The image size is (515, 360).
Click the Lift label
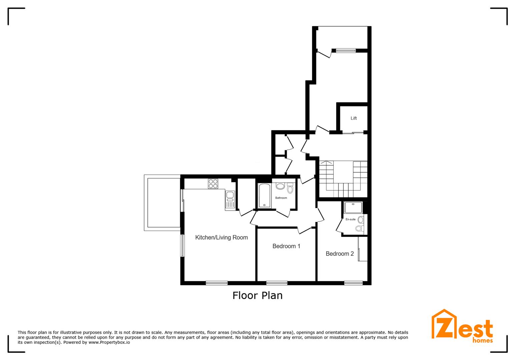coord(354,118)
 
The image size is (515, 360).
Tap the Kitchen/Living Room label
coord(221,237)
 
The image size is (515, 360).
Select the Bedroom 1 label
coord(286,246)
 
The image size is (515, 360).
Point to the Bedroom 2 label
coord(340,254)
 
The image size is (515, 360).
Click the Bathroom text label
coord(281,198)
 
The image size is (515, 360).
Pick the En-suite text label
coord(350,219)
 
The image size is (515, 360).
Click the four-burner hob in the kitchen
coord(213,184)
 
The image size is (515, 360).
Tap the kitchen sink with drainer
coord(230,200)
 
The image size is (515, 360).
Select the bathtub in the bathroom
coord(265,196)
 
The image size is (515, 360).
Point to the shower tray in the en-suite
coord(353,207)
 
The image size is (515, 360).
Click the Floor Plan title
coord(257,295)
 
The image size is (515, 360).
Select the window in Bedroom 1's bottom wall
coord(277,283)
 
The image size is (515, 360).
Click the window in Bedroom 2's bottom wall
coord(353,283)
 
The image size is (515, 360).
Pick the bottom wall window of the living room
coord(216,283)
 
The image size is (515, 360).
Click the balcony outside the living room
coord(162,203)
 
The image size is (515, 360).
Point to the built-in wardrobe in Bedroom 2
coord(363,249)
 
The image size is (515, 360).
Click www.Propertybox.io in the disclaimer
coord(109,342)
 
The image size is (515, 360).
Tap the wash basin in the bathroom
coord(280,186)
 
